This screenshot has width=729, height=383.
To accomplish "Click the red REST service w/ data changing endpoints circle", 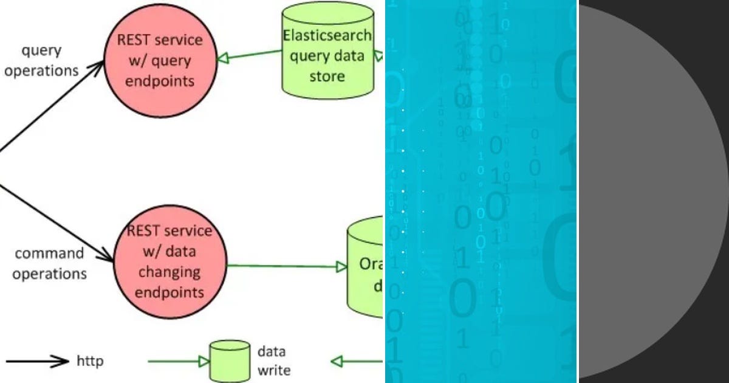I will (169, 261).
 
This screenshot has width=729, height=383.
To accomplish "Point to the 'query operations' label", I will (41, 61).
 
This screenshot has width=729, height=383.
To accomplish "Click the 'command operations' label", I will (49, 263).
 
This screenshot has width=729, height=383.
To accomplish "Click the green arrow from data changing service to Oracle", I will (286, 266).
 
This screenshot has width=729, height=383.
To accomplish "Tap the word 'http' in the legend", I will (90, 361).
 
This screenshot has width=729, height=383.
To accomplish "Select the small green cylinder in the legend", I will (230, 361).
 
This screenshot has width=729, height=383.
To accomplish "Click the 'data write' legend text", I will (274, 361).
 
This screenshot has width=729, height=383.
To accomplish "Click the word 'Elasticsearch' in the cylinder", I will (327, 35).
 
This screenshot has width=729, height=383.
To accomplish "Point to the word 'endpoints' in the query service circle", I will (160, 81).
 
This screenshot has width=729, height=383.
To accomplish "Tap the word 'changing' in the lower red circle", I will (169, 272).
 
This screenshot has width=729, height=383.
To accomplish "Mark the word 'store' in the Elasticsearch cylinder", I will (327, 77).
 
